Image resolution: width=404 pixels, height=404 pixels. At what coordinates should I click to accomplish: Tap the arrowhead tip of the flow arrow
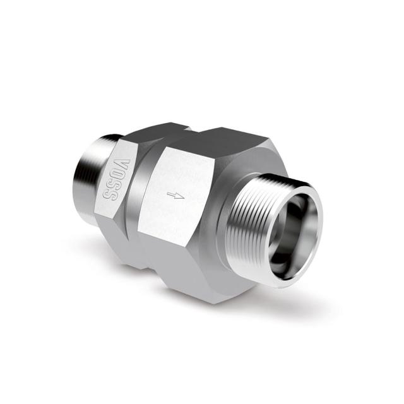pos(184,196)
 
